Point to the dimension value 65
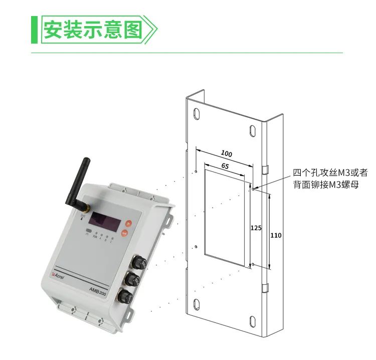click(x=225, y=165)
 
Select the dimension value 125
click(x=256, y=228)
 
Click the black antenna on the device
click(x=77, y=183)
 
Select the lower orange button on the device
click(x=124, y=233)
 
